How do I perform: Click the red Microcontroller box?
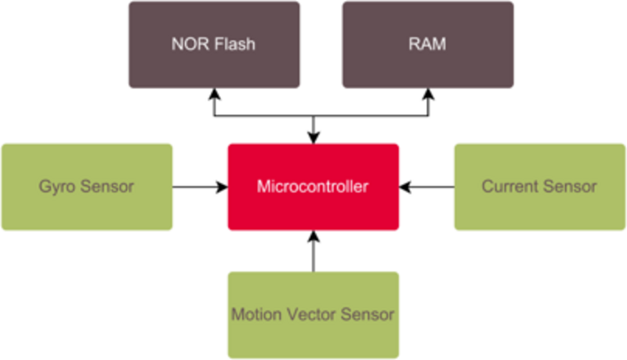pyautogui.click(x=313, y=187)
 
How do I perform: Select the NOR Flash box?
pyautogui.click(x=214, y=44)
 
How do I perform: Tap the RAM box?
pyautogui.click(x=427, y=44)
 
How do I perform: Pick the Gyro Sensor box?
pyautogui.click(x=87, y=187)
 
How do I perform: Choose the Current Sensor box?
pyautogui.click(x=539, y=187)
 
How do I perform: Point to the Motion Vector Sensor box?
pyautogui.click(x=313, y=315)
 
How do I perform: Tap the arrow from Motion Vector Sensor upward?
pyautogui.click(x=313, y=255)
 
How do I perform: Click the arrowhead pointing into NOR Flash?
pyautogui.click(x=214, y=93)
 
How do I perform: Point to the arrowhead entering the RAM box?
pyautogui.click(x=427, y=93)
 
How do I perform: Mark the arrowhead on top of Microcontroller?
pyautogui.click(x=313, y=137)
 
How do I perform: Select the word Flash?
pyautogui.click(x=236, y=44)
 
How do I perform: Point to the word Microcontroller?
pyautogui.click(x=313, y=187)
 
